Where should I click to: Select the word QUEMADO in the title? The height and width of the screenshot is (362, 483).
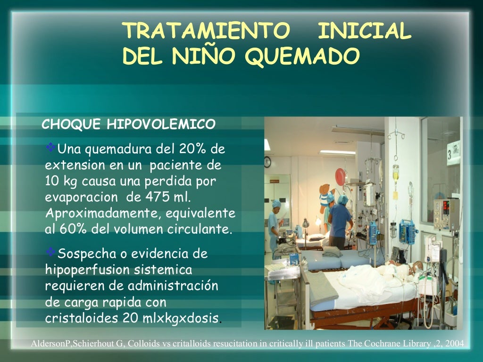pos(302,57)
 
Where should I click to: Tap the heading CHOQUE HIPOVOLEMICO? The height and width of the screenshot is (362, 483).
pos(128,124)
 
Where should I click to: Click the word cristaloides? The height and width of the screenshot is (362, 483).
pos(82,318)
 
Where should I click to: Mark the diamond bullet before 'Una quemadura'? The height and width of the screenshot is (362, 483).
pos(51,148)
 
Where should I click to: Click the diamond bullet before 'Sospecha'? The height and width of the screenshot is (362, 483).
pos(51,253)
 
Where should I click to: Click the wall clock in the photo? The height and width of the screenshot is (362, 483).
pos(267,162)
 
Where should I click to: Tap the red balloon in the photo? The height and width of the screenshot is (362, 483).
pos(341,176)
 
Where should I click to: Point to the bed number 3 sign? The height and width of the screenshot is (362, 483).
pos(453,153)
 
